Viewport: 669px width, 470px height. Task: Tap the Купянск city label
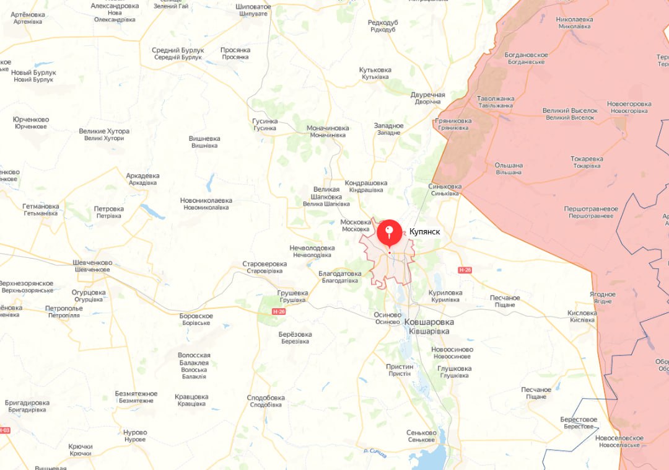click(425, 232)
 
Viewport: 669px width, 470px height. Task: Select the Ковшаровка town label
click(429, 322)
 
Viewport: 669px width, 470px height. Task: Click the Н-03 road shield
click(4, 430)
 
